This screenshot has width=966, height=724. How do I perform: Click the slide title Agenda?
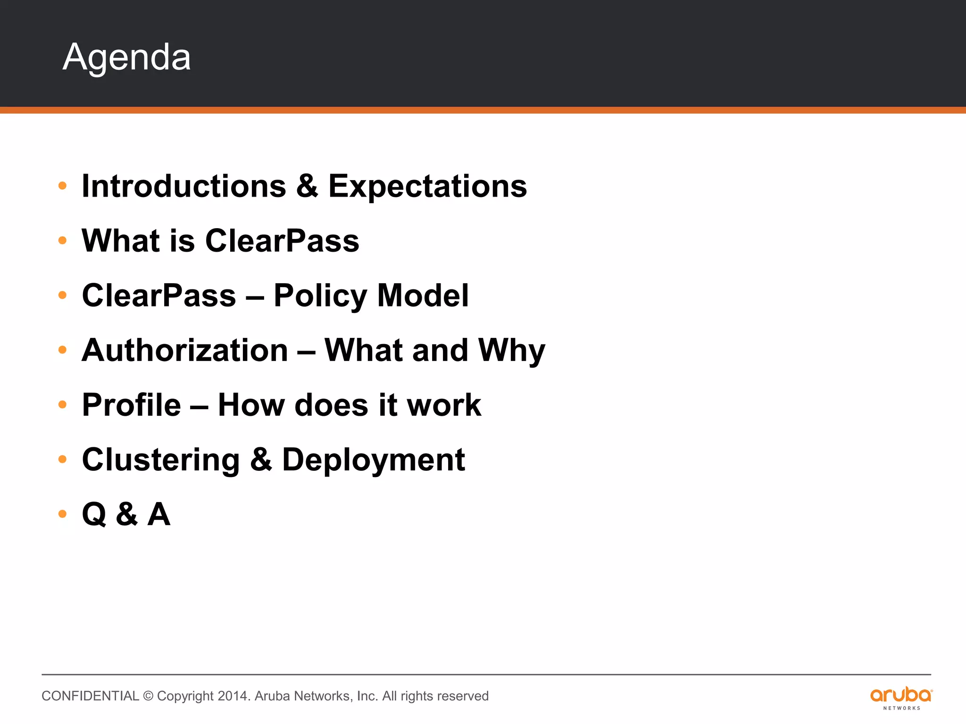(126, 58)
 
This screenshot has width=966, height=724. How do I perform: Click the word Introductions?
(184, 186)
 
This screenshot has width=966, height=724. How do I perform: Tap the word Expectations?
(427, 186)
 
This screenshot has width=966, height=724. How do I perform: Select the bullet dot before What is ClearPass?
(62, 241)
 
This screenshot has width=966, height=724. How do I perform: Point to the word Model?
(423, 296)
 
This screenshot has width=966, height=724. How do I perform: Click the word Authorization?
(185, 350)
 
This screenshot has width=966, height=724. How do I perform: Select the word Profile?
(131, 405)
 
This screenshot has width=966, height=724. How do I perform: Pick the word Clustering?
(161, 460)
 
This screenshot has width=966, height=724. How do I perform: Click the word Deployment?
(373, 460)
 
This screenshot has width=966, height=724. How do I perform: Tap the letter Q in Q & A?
(94, 514)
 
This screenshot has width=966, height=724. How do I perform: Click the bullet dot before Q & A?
(62, 514)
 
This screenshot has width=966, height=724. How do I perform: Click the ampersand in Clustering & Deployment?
(261, 460)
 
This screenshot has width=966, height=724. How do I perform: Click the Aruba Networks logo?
(901, 697)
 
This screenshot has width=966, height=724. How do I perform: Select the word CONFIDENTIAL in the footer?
(90, 696)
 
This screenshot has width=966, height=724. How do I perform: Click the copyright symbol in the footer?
(148, 696)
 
